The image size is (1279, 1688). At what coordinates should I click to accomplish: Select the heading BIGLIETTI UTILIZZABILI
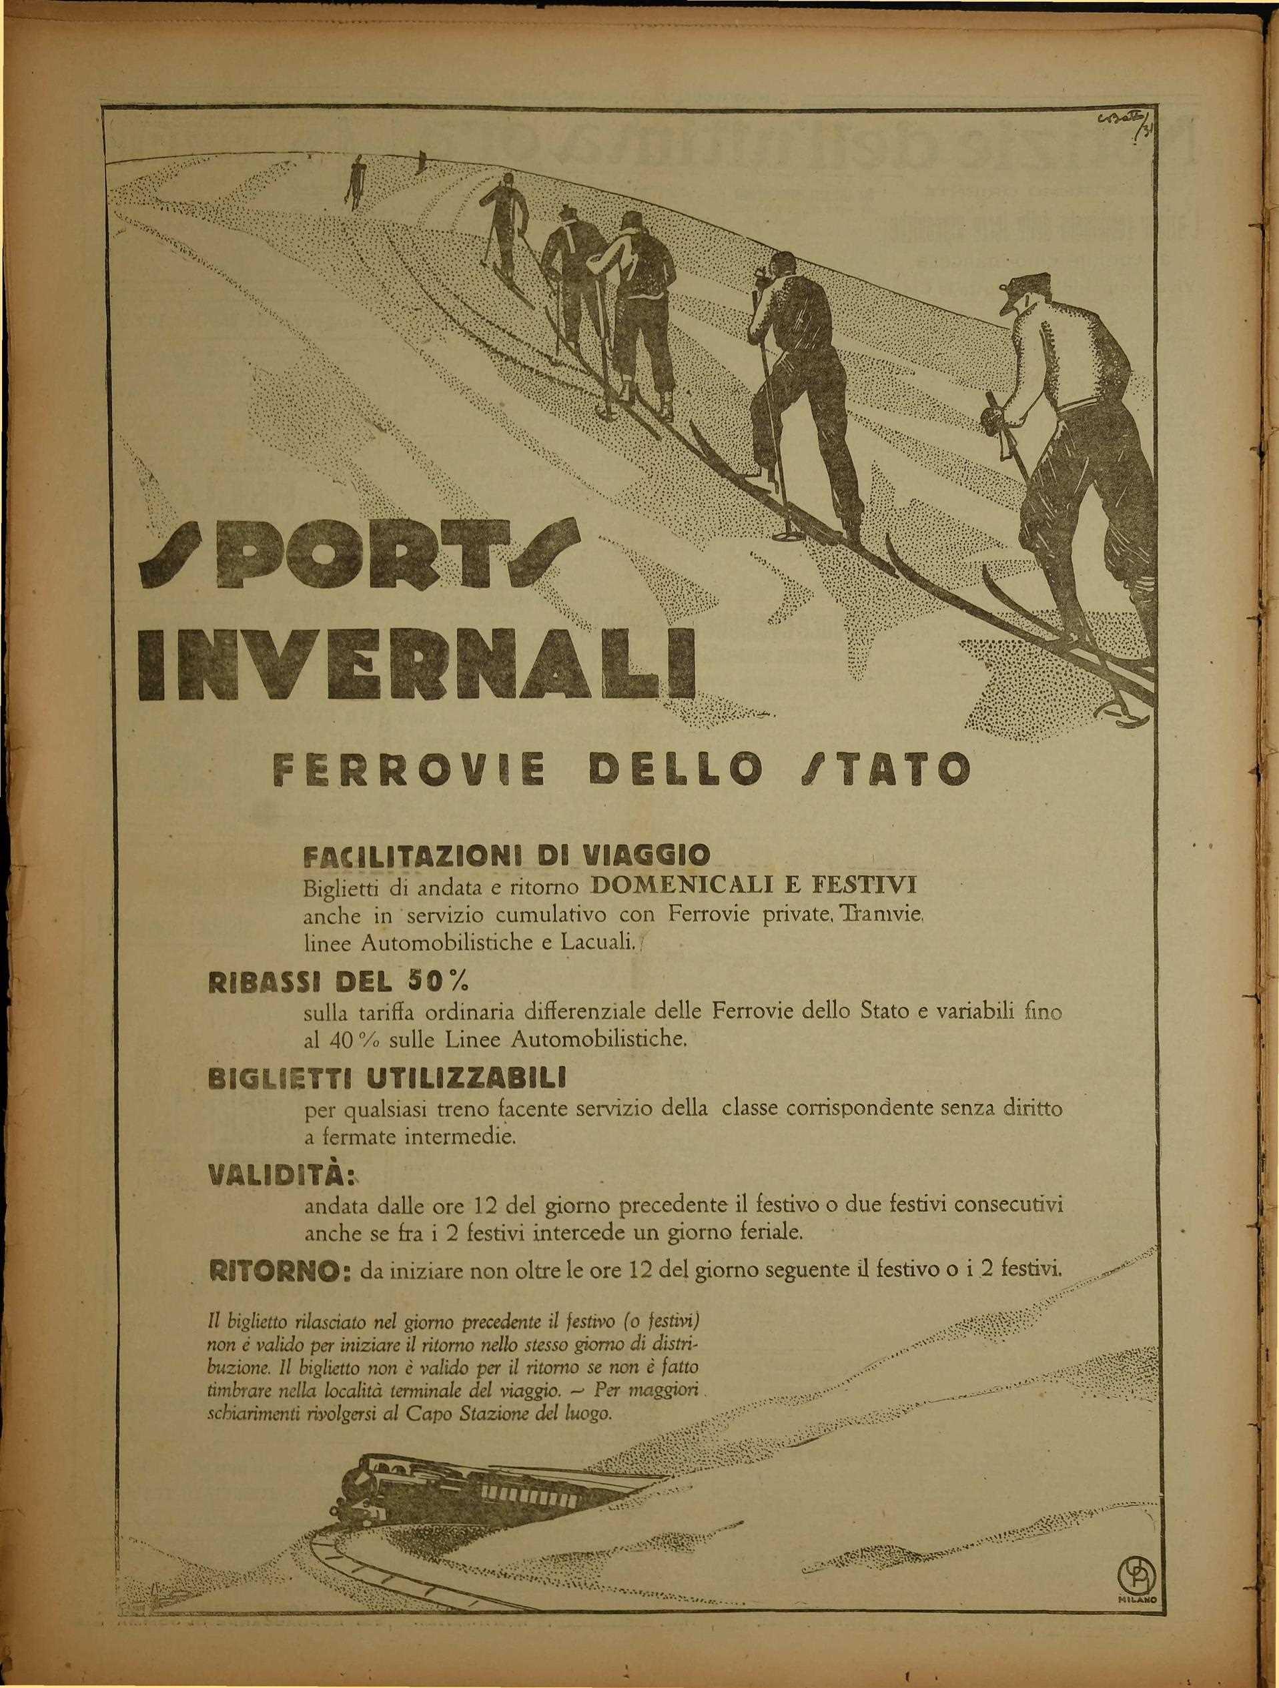tap(386, 1078)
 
